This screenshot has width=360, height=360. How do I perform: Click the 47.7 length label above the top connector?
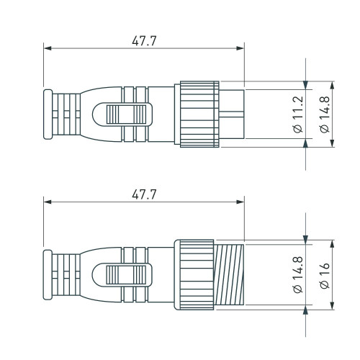[144, 40]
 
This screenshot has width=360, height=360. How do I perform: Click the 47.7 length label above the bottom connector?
[144, 194]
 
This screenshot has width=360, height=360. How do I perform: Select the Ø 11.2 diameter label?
[297, 114]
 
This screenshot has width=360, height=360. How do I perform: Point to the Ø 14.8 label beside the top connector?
[323, 114]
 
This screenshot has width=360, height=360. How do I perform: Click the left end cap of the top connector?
[48, 115]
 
